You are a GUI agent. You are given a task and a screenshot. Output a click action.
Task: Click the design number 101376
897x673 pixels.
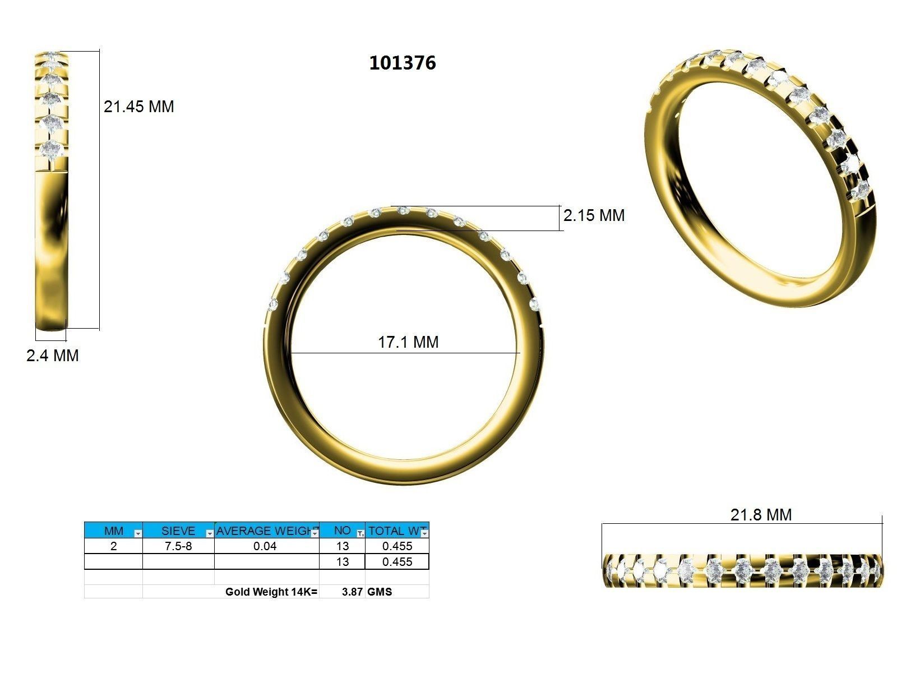coord(402,63)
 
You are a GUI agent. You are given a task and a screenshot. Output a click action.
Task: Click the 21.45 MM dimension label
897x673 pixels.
coord(138,107)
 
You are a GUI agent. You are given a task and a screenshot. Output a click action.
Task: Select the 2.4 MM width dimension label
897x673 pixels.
coord(52,356)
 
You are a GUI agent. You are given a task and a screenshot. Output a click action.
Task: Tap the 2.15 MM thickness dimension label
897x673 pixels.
coord(594,215)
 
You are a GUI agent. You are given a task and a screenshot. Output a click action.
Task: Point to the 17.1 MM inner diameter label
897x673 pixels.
coord(408,342)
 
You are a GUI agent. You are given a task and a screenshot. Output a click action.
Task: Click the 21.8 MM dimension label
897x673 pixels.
coord(761,514)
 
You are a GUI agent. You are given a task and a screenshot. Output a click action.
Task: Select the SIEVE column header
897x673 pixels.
coord(178,531)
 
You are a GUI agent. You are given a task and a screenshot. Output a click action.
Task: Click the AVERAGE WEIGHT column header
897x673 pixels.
coord(264,531)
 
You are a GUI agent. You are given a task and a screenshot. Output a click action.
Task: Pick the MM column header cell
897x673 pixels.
coord(113,531)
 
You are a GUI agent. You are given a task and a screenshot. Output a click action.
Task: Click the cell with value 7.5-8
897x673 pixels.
coord(178,546)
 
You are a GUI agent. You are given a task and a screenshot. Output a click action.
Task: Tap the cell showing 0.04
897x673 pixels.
coord(264,546)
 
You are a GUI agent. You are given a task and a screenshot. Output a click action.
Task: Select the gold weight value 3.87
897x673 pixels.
coord(352,592)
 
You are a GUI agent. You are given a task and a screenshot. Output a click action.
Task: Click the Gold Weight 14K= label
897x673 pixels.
coord(271,592)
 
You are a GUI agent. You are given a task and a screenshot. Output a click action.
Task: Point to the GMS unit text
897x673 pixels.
coord(380,592)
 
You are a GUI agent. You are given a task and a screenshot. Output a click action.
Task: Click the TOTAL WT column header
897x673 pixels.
coord(394,531)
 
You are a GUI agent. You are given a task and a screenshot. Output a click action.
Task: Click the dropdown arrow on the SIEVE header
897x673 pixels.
coord(210,534)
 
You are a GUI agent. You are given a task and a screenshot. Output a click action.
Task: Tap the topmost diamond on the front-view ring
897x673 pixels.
coord(402,210)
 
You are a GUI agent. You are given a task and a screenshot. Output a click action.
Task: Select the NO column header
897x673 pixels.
coord(341,531)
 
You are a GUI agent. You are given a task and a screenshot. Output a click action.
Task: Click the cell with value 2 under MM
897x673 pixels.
coord(113,546)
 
